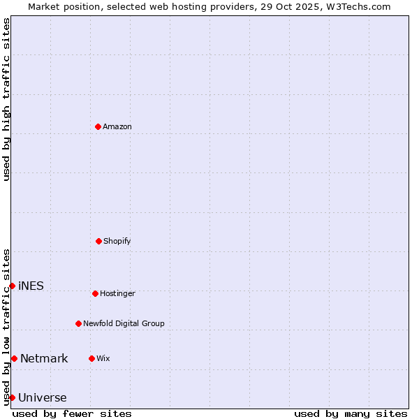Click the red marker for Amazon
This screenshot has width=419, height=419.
tap(98, 126)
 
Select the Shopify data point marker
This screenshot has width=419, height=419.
tap(98, 241)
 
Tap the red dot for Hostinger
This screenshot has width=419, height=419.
tap(95, 293)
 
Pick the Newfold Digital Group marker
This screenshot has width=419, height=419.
tap(78, 323)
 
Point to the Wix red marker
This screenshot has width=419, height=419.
tap(91, 358)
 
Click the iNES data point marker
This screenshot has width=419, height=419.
tap(12, 286)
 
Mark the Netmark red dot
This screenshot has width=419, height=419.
tap(14, 358)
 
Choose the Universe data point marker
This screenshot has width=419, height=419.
tap(12, 397)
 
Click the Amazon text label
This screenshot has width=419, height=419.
tap(117, 126)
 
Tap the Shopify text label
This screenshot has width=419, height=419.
tap(117, 241)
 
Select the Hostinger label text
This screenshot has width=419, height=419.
tap(117, 293)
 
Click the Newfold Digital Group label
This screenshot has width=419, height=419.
tap(124, 323)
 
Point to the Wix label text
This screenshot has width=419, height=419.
tap(103, 358)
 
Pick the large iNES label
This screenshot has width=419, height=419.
tap(31, 286)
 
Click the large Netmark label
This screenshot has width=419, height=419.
tap(44, 359)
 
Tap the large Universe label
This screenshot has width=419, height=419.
tap(43, 398)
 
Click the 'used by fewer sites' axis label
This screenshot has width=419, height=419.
tap(72, 413)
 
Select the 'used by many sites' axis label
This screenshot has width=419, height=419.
tap(351, 413)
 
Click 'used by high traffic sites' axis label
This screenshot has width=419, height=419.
tap(6, 99)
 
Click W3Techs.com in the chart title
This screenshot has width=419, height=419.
tap(355, 6)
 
